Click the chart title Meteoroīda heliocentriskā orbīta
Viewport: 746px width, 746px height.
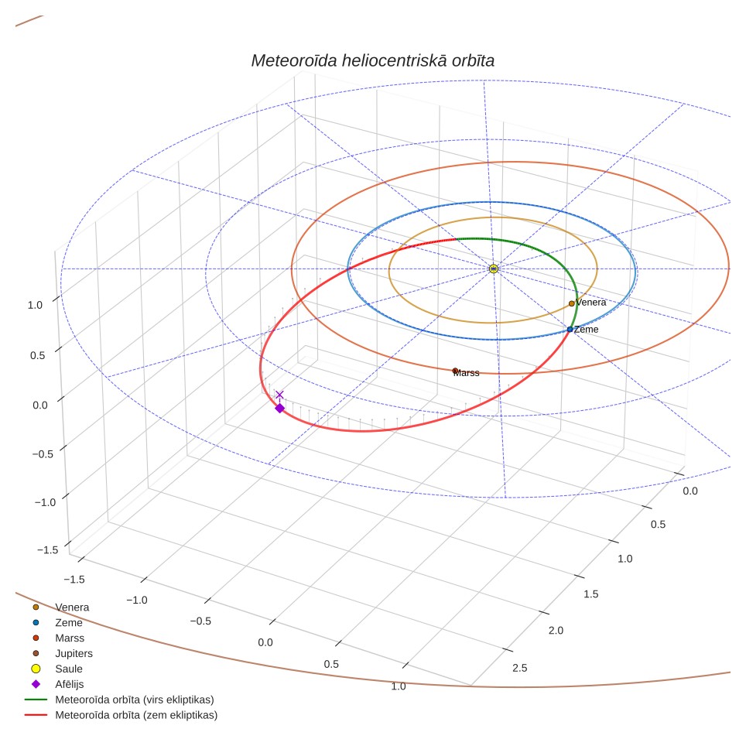[x=372, y=61]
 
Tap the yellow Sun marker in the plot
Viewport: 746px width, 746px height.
[x=494, y=269]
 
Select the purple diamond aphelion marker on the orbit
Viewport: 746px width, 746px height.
[x=280, y=408]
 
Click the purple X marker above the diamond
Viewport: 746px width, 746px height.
[x=280, y=395]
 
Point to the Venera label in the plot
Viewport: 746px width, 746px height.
[x=591, y=303]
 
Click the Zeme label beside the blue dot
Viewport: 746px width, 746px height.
[x=586, y=329]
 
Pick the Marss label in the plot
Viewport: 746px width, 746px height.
[x=466, y=373]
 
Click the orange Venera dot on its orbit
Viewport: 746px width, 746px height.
[x=571, y=303]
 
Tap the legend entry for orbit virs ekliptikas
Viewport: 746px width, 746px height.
[x=119, y=700]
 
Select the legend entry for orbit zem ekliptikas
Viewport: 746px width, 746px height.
[x=121, y=715]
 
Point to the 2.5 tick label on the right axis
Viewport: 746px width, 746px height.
[x=520, y=668]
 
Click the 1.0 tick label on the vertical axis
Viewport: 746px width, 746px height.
[x=35, y=305]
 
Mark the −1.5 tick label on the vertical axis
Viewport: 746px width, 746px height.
[x=47, y=550]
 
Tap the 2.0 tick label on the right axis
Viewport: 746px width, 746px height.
[x=556, y=631]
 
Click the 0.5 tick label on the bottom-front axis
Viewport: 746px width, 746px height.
[x=331, y=664]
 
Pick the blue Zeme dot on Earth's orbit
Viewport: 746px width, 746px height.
[x=570, y=329]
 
